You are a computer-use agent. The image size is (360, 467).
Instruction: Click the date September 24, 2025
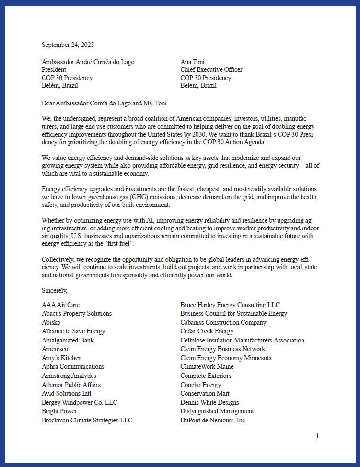pos(68,45)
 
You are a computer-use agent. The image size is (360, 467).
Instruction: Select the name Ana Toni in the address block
pos(193,62)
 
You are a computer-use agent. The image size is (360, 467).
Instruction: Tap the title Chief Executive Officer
pos(211,70)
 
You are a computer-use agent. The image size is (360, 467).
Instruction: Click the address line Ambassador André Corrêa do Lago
pos(88,62)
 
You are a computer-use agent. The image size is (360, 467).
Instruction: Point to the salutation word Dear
pos(48,103)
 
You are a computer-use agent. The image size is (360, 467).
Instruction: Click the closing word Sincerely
pos(55,290)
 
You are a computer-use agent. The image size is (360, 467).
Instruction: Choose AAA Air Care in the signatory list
pos(61,305)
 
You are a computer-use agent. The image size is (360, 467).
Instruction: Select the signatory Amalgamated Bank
pos(68,341)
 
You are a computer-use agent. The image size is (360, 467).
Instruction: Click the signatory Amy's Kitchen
pos(61,358)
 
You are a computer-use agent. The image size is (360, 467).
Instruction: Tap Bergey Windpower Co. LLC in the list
pos(80,403)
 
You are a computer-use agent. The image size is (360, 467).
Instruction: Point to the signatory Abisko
pos(51,323)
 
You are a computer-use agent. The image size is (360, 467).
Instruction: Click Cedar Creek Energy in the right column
pos(207,331)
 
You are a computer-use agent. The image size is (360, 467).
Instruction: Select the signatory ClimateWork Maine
pos(207,367)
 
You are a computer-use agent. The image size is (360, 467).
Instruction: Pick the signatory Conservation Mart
pos(205,394)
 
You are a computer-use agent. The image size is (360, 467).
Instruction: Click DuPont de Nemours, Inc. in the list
pos(213,421)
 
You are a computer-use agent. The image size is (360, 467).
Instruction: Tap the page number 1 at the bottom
pos(317,436)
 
